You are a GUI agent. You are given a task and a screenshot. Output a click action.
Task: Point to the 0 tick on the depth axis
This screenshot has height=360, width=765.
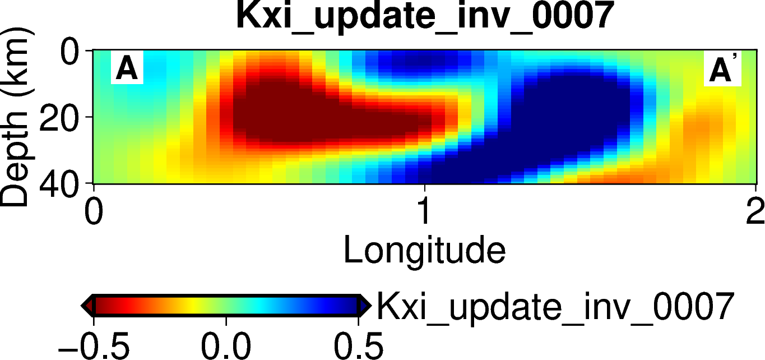click(x=72, y=54)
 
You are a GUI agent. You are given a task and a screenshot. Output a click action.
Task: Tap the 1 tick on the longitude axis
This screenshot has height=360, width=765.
click(x=424, y=213)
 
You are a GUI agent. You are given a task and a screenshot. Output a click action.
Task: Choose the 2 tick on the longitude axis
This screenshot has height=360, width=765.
click(x=755, y=213)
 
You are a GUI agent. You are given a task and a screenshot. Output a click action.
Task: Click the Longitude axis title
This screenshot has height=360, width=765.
click(x=424, y=251)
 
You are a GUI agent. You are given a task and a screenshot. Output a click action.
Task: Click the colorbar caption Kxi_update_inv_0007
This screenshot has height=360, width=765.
click(x=554, y=307)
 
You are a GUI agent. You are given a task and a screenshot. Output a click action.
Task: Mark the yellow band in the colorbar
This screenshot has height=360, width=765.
click(x=193, y=306)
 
